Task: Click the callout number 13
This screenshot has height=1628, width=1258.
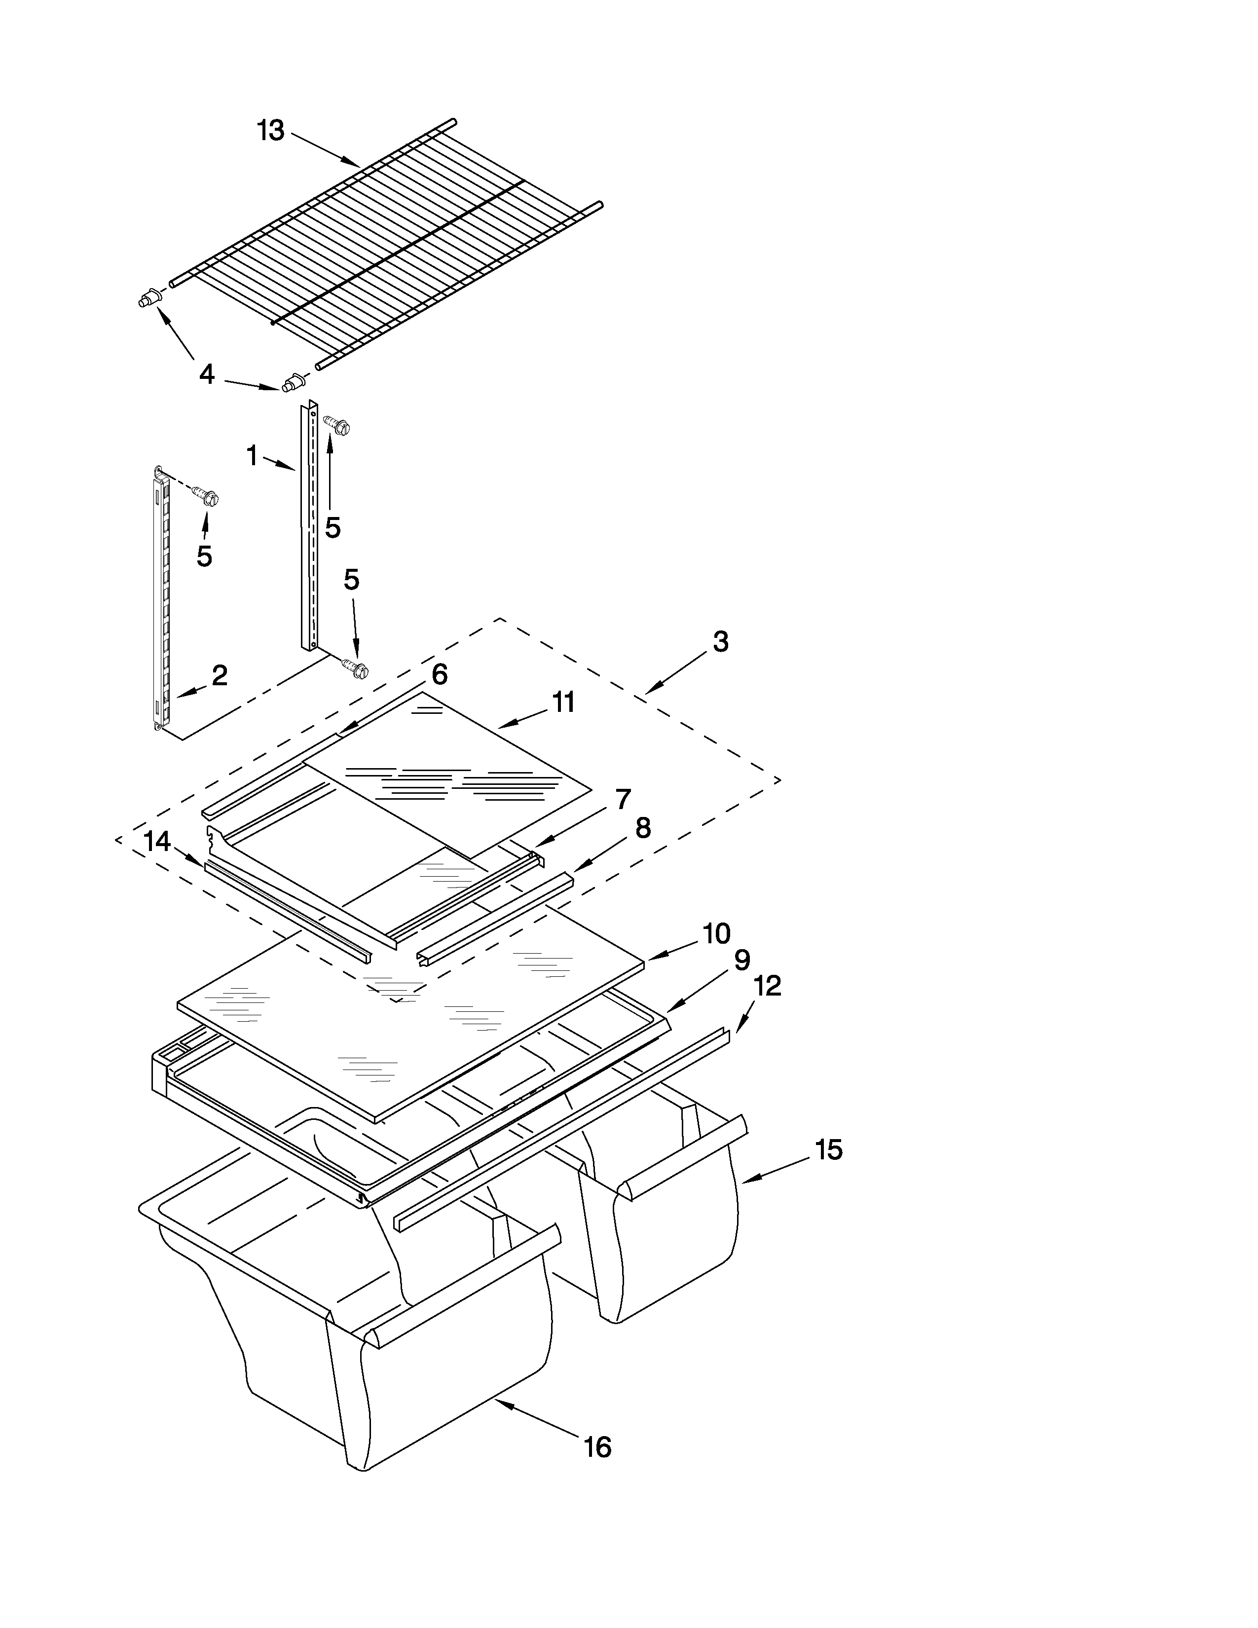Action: point(270,131)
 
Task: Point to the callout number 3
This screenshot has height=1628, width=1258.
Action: point(720,642)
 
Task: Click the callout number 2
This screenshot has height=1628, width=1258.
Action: point(219,675)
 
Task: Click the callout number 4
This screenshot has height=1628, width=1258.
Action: point(206,374)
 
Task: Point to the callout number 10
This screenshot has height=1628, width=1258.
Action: point(716,933)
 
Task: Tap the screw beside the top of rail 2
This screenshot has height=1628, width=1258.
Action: point(206,494)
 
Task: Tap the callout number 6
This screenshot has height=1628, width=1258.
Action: point(440,674)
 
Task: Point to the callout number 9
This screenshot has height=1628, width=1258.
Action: point(741,961)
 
